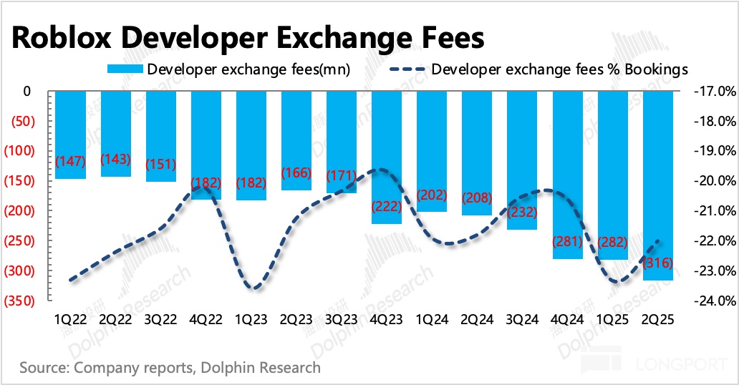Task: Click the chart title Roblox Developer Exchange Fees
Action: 248,36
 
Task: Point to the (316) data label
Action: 658,263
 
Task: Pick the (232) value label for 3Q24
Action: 522,213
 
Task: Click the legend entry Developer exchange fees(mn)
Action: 228,69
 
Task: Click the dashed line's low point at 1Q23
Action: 252,288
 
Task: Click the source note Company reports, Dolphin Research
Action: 170,368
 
